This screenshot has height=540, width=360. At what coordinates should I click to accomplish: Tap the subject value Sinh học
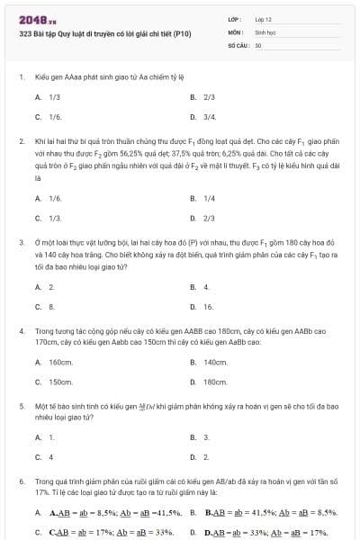pos(265,31)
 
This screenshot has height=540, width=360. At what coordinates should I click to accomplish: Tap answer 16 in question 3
pos(208,307)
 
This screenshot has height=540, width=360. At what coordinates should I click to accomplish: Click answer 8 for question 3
pos(51,307)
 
